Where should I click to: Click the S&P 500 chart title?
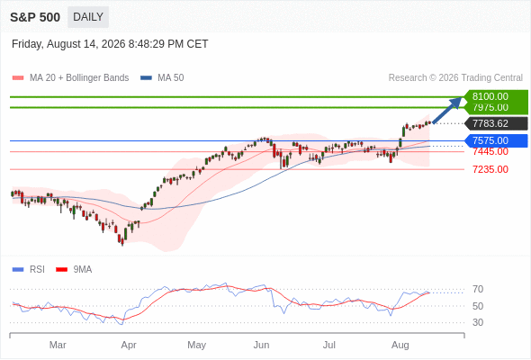click(x=35, y=17)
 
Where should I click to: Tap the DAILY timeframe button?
click(x=88, y=17)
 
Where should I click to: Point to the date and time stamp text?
click(x=110, y=44)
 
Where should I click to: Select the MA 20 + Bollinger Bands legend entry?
click(x=70, y=78)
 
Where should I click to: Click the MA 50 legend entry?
click(x=162, y=78)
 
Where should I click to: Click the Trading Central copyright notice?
click(x=455, y=78)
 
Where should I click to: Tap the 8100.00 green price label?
click(x=495, y=96)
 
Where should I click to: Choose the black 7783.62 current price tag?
click(x=496, y=123)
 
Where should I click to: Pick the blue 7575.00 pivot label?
click(x=496, y=140)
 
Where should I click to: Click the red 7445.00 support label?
click(x=490, y=152)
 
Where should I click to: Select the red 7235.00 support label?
click(x=490, y=169)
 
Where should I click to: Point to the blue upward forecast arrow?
click(x=447, y=110)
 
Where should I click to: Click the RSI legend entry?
click(x=29, y=270)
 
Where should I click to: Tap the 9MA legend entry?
click(x=74, y=270)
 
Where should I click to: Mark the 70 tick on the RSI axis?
click(x=478, y=289)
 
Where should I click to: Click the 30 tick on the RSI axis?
click(x=478, y=322)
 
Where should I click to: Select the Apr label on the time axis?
click(x=129, y=345)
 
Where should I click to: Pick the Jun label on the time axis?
click(x=261, y=345)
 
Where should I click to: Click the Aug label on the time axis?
click(x=400, y=345)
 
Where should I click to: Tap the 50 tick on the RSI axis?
click(x=478, y=306)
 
